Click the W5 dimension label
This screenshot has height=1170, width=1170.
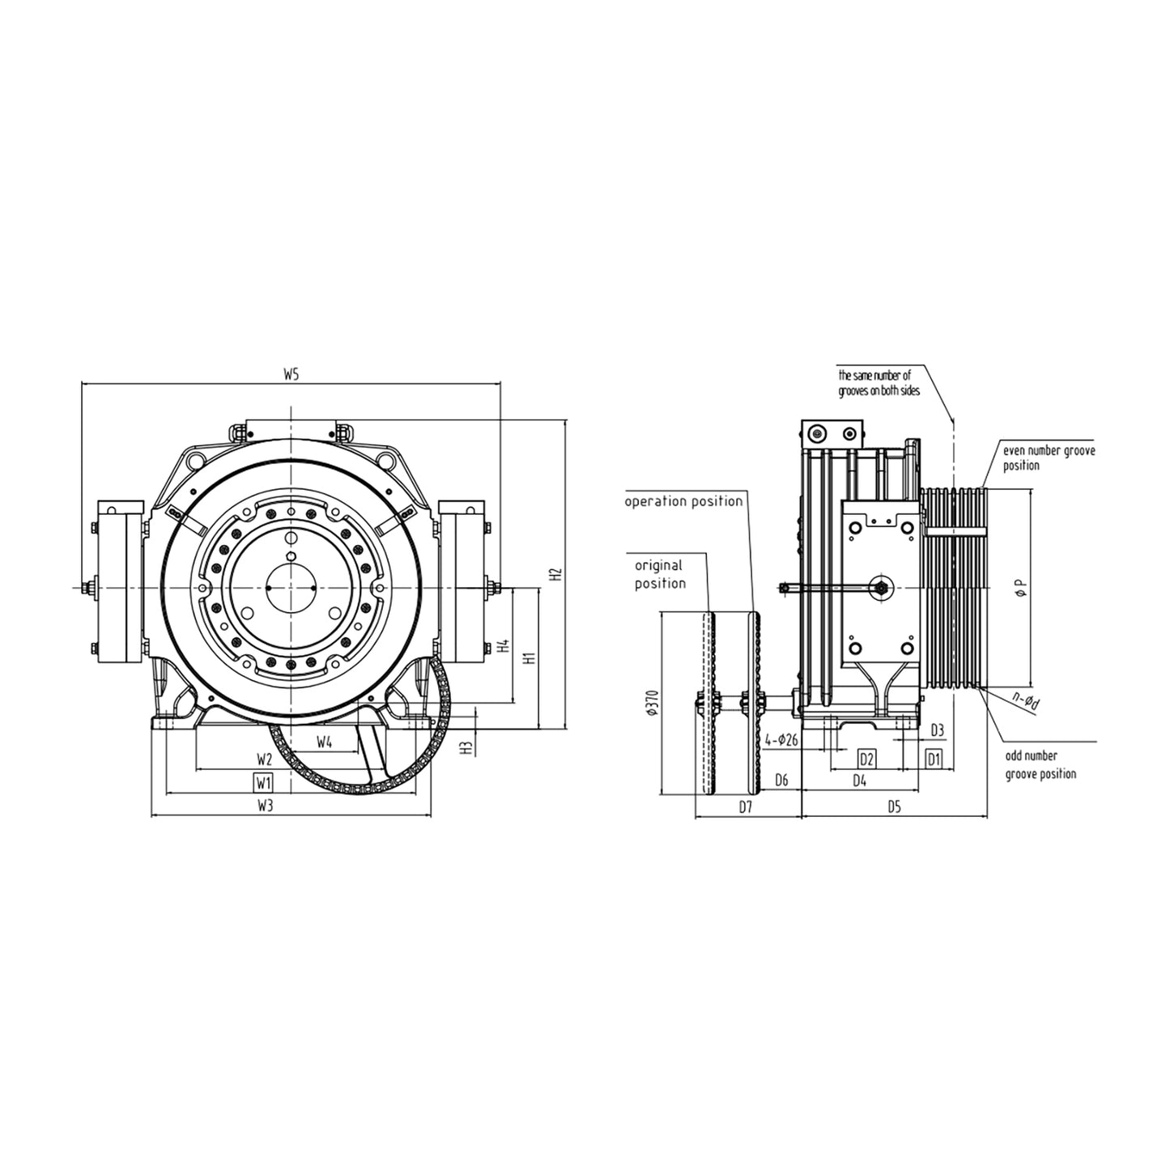[x=291, y=375]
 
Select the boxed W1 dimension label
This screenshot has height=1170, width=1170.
[x=263, y=783]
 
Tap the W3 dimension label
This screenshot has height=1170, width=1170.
[x=264, y=806]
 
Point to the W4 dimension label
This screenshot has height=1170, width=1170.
[x=325, y=742]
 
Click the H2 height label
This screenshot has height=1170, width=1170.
[x=555, y=575]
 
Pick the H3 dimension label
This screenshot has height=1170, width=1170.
[x=466, y=747]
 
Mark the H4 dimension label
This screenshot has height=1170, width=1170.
[x=504, y=646]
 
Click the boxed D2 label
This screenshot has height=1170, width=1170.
[x=866, y=759]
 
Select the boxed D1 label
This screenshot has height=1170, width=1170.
[x=934, y=759]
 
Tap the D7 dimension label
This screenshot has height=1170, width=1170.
[x=746, y=807]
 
